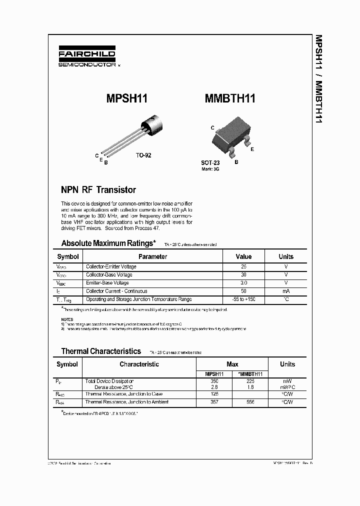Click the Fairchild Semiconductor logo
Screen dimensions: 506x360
87,58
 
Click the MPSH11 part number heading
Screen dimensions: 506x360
127,98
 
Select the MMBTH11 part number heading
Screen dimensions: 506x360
230,98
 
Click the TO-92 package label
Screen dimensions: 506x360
143,155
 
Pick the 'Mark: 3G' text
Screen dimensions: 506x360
210,169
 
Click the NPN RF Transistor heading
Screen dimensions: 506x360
98,190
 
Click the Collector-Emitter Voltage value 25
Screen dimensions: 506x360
244,267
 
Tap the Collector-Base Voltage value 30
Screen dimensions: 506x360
244,275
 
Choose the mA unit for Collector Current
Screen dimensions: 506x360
286,291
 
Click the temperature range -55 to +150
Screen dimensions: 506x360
244,299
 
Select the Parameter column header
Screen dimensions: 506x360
153,256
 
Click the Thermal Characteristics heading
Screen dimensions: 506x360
101,351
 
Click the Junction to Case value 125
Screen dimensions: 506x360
214,394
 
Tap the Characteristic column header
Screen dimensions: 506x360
139,364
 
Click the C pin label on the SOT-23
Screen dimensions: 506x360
212,128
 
